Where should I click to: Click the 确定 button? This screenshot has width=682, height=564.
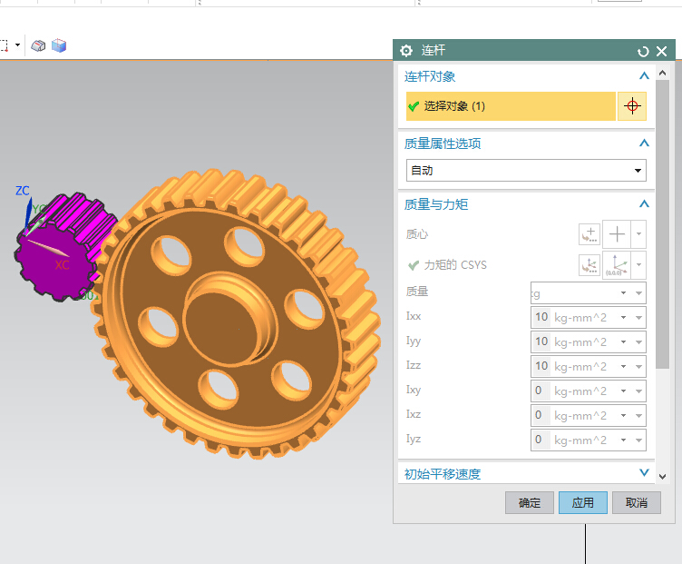[529, 503]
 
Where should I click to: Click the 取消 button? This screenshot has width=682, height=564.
[637, 503]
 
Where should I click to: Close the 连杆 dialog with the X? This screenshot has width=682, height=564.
[661, 52]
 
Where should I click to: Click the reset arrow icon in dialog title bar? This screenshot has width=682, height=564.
[643, 52]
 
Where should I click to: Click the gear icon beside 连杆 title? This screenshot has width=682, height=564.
[406, 51]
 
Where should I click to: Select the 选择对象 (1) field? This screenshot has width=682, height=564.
[511, 106]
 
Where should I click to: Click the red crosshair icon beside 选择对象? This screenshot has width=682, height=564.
[632, 106]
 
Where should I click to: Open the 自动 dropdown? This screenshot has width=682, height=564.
[526, 171]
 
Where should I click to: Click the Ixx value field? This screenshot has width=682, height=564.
[541, 317]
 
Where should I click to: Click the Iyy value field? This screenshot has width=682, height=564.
[541, 341]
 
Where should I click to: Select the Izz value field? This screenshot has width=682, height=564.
[541, 366]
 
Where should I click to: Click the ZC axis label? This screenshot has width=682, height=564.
[23, 191]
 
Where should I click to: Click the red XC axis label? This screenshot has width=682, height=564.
[62, 265]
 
